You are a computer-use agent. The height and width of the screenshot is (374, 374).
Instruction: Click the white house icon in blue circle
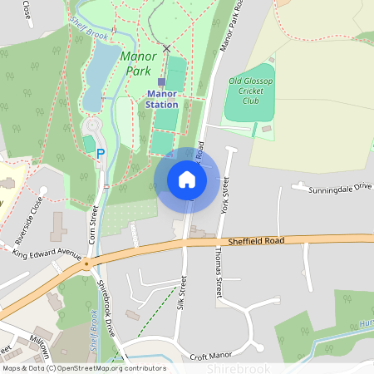[x=187, y=180]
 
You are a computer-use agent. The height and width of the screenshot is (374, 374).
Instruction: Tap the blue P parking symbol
[x=101, y=153]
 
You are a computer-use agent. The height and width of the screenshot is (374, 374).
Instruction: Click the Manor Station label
[x=162, y=100]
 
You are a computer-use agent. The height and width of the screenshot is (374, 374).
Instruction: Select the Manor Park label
[x=137, y=63]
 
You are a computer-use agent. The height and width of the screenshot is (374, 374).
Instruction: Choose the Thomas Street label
[x=219, y=274]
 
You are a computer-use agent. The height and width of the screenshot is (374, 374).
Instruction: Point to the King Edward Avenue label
[x=47, y=253]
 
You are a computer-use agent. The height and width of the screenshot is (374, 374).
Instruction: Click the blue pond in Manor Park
[x=97, y=70]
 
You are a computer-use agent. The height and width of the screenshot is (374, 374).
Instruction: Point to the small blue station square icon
[x=161, y=81]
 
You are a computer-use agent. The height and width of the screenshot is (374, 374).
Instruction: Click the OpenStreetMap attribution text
[x=83, y=368]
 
